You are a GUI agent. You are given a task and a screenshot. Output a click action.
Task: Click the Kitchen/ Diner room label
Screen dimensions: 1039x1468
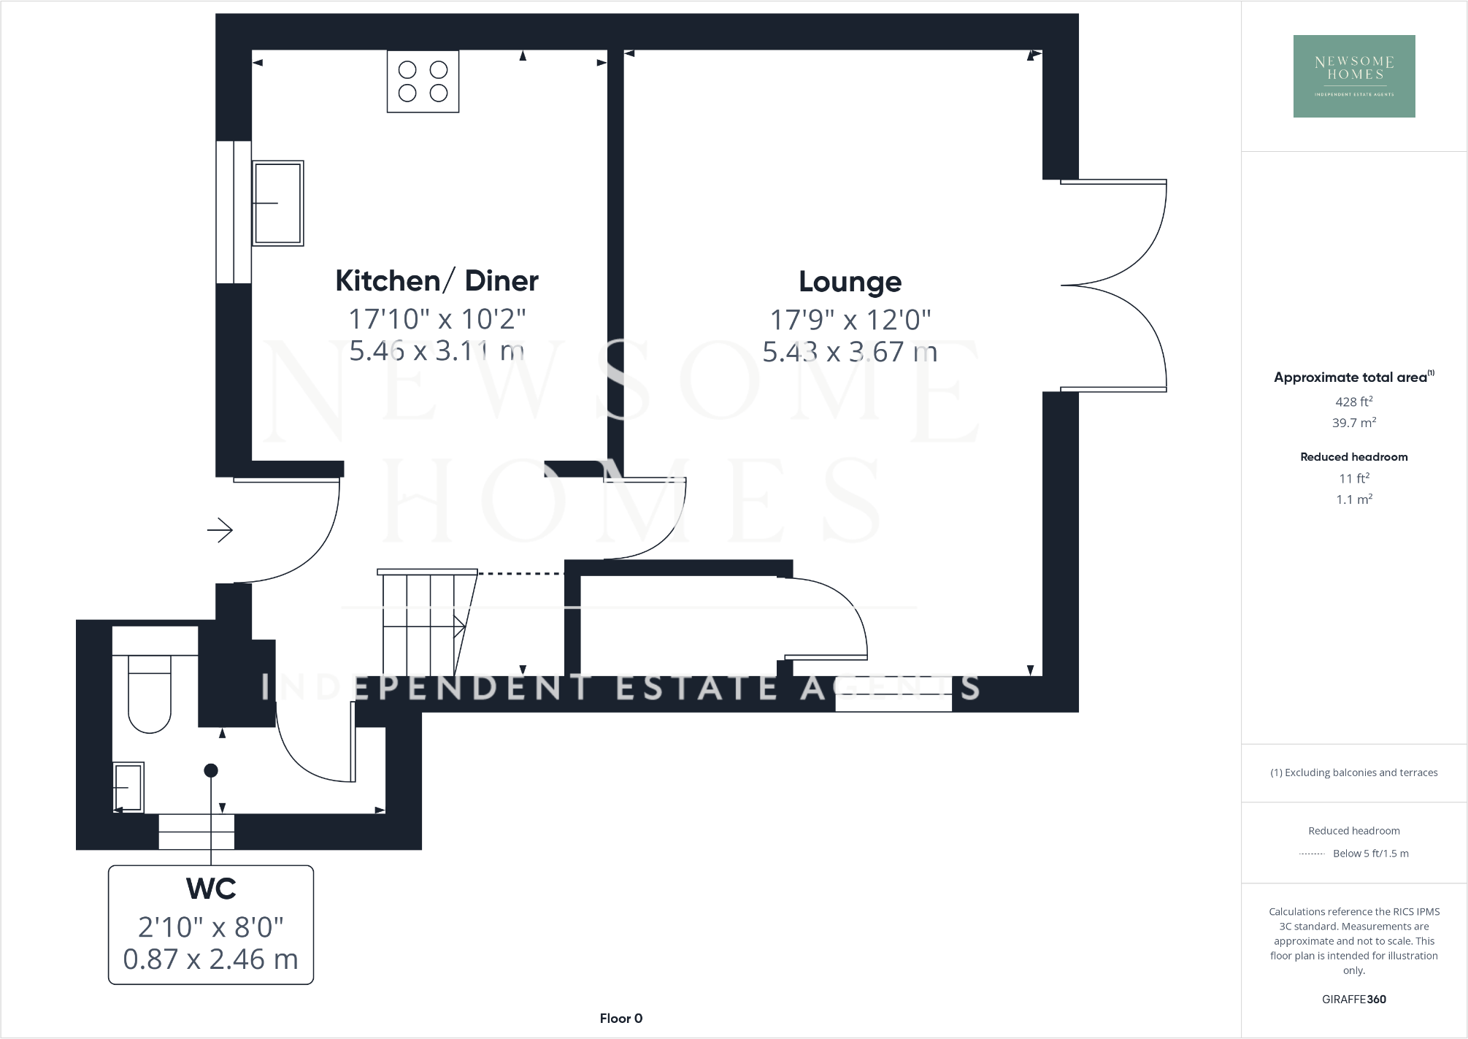(437, 281)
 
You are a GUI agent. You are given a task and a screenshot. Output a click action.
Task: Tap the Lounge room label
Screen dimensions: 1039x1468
(850, 282)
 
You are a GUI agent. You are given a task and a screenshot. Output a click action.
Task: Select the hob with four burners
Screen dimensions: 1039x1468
(423, 81)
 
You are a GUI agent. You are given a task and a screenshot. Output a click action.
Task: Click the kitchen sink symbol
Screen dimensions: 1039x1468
(277, 203)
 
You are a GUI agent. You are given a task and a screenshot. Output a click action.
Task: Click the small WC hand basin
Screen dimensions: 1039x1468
(128, 787)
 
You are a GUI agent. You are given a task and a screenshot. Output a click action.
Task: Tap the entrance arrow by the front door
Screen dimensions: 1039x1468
(220, 529)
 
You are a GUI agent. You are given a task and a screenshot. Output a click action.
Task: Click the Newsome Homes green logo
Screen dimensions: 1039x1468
(1354, 76)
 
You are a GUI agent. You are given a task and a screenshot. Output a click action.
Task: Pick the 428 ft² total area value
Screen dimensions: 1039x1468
(1353, 402)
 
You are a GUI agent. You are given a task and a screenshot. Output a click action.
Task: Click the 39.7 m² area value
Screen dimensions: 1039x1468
(1353, 423)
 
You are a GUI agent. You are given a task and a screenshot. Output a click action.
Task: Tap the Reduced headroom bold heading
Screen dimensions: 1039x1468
(1353, 457)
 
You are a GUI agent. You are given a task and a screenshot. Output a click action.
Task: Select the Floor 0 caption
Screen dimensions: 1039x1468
(620, 1019)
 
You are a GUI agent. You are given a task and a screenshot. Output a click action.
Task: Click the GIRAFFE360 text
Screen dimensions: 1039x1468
(1353, 1000)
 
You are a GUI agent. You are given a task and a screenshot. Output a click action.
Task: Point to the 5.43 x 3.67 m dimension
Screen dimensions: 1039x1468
(850, 352)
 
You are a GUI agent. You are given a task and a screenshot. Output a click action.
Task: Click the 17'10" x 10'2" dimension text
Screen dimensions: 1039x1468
(437, 319)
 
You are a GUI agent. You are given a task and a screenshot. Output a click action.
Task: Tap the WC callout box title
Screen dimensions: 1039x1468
(211, 889)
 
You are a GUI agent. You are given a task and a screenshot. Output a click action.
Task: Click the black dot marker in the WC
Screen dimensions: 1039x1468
(211, 770)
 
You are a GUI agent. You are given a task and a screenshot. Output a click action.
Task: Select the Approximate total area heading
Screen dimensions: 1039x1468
(1351, 377)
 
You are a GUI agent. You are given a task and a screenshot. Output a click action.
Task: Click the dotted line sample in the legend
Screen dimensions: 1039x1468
(1312, 854)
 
